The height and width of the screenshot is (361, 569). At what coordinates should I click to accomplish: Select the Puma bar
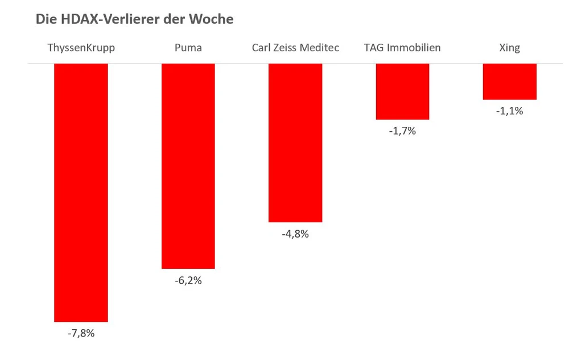[x=188, y=165]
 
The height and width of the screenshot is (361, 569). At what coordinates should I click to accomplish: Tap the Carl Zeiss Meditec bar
[x=295, y=142]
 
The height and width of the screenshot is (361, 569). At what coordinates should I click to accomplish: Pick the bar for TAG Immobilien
[x=402, y=91]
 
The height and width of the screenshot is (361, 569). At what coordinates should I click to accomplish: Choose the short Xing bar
[x=509, y=81]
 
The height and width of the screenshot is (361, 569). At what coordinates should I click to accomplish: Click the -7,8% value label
[x=81, y=334]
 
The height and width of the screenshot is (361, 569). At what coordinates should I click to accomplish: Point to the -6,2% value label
[x=188, y=280]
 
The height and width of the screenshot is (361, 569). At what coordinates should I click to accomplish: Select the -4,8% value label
[x=295, y=234]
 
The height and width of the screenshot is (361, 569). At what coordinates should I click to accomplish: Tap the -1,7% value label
[x=402, y=131]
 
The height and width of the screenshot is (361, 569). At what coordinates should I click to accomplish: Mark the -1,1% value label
[x=509, y=111]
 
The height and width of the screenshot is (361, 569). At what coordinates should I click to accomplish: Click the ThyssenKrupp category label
[x=81, y=48]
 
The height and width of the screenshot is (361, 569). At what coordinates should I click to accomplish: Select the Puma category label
[x=188, y=48]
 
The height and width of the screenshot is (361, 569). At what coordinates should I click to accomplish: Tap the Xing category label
[x=509, y=48]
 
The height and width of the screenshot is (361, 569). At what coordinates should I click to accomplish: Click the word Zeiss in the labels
[x=287, y=48]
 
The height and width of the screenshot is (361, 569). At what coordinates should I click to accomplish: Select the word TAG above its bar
[x=374, y=48]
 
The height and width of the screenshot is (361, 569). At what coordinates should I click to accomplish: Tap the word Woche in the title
[x=215, y=19]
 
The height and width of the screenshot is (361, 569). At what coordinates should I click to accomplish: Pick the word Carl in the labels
[x=261, y=48]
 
